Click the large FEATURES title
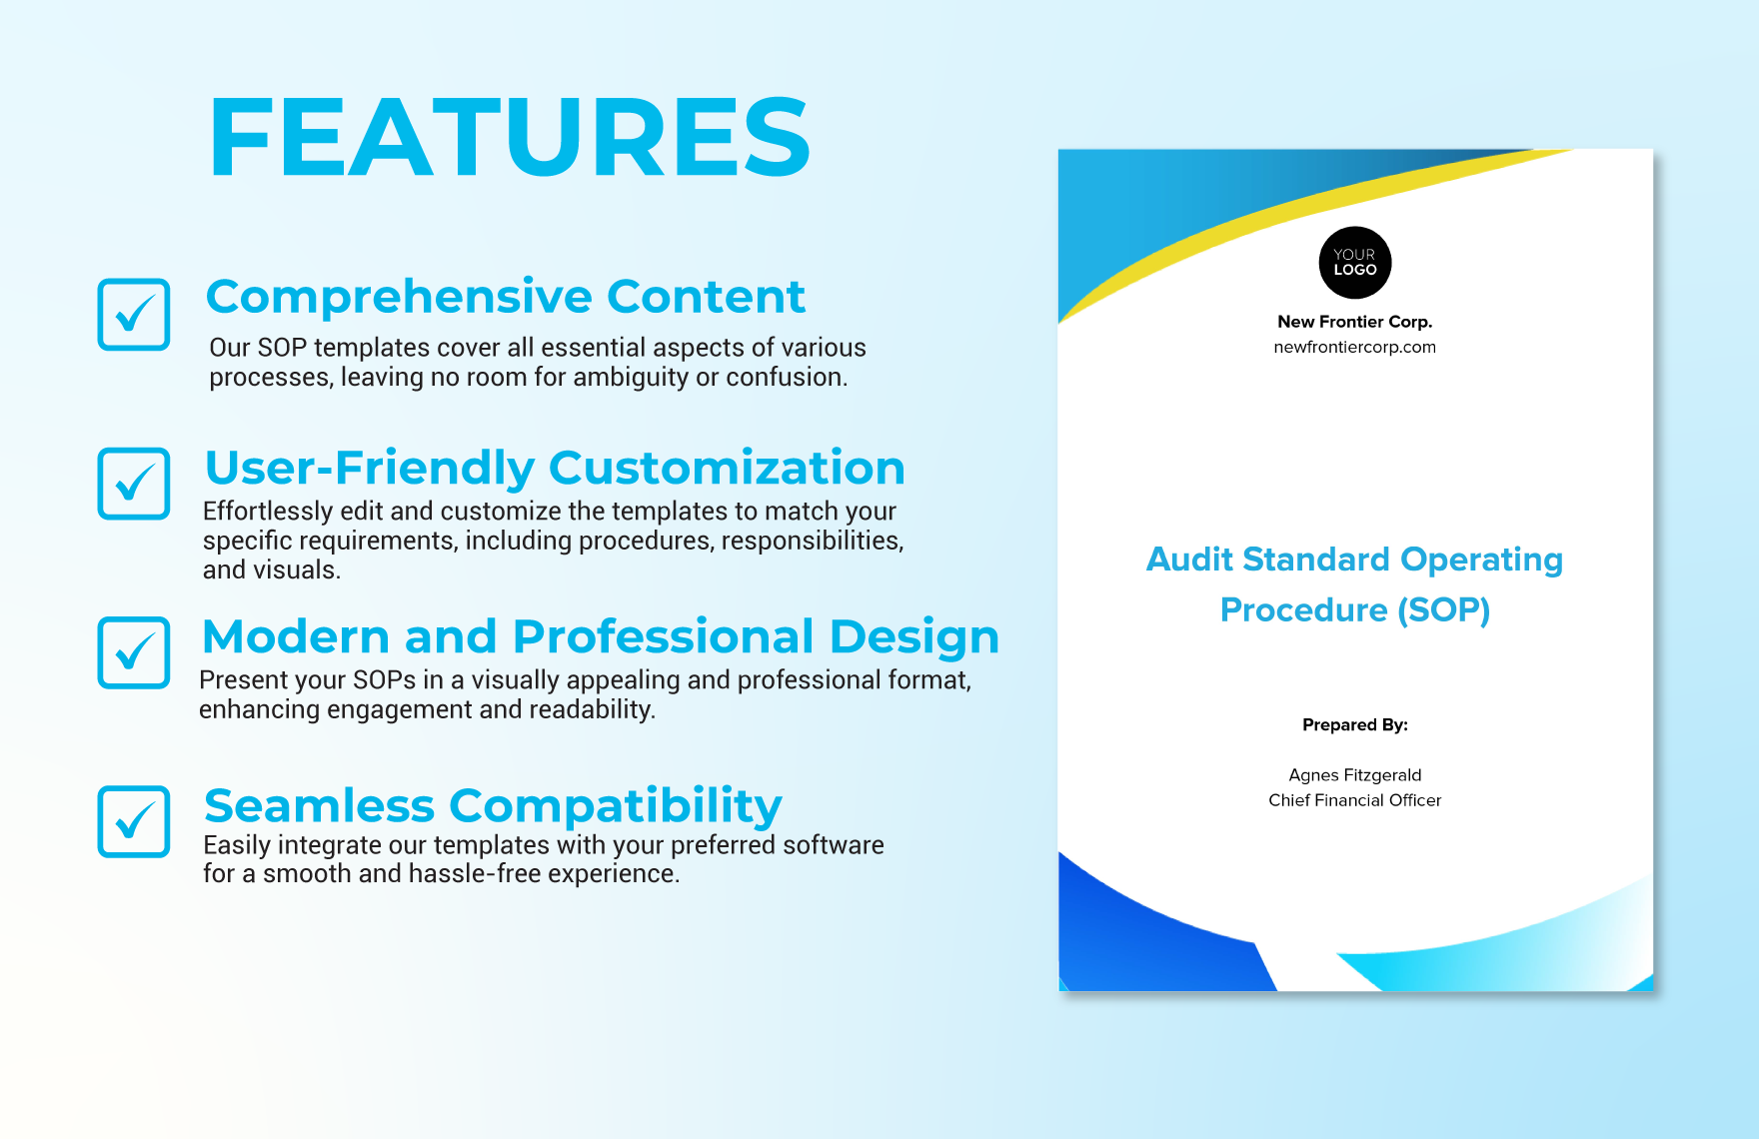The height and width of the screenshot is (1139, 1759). click(510, 138)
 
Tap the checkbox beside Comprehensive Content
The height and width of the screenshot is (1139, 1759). click(134, 315)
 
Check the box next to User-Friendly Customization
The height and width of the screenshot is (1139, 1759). click(134, 484)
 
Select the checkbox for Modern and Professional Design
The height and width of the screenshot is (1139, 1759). click(134, 652)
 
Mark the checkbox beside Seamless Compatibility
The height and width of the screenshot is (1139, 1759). click(134, 821)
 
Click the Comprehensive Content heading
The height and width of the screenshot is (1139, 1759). click(505, 297)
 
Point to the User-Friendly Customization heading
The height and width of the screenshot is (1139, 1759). click(555, 468)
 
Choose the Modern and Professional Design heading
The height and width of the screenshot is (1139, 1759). click(600, 636)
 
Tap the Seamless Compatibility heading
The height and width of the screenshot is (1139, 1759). click(493, 805)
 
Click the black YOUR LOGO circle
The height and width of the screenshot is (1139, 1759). click(1354, 263)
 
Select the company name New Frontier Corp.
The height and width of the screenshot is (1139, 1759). click(1354, 322)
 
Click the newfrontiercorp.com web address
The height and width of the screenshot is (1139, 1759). click(1354, 347)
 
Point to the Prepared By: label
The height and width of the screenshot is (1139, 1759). click(1354, 725)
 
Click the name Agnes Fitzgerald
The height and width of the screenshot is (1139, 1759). click(1354, 775)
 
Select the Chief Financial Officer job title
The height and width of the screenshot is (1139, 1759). click(1354, 800)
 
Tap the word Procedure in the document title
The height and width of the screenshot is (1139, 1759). click(1303, 610)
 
